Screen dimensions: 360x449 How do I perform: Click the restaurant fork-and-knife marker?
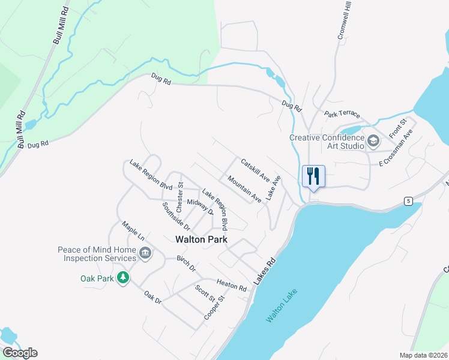[313, 176]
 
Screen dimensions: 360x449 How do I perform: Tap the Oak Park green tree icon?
[123, 278]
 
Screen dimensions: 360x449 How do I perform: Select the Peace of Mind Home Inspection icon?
[145, 254]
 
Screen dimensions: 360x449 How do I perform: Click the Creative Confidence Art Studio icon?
[373, 142]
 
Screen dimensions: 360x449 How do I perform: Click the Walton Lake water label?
[282, 307]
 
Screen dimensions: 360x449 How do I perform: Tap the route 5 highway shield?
[408, 200]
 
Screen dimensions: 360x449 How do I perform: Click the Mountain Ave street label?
[244, 188]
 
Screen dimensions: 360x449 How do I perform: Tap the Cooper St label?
[214, 307]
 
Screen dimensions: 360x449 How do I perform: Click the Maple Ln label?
[133, 231]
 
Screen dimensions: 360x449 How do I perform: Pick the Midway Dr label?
[200, 206]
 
